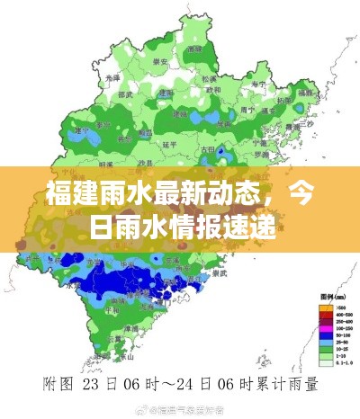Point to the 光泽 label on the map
pos(112,77)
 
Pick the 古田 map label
pos(208,149)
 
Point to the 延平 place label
pos(167,143)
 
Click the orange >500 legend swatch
pos(326,308)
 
